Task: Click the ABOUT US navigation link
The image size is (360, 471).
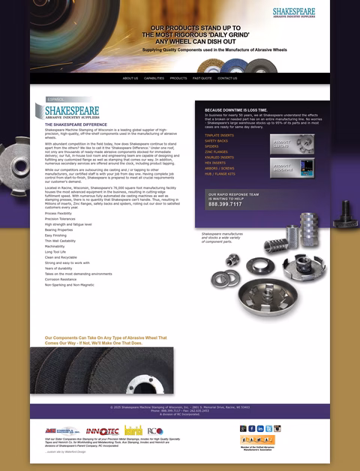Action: tap(130, 78)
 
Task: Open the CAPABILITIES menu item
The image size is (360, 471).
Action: tap(154, 78)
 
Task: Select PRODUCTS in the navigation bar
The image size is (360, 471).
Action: tap(178, 78)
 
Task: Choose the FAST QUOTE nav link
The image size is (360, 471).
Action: tap(202, 78)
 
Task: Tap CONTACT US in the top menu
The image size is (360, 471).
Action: tap(227, 78)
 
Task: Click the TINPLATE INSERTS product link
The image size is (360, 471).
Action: tap(219, 136)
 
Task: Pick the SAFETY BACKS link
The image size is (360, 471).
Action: tap(216, 141)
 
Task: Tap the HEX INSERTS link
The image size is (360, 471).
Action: tap(214, 163)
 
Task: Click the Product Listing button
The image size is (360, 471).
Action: tap(292, 142)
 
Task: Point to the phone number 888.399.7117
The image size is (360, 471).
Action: tap(225, 204)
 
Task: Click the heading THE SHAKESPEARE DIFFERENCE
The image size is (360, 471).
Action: tap(76, 124)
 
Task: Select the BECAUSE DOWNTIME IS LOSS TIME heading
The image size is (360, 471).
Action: tap(235, 109)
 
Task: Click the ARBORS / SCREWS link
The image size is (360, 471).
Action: tap(218, 168)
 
